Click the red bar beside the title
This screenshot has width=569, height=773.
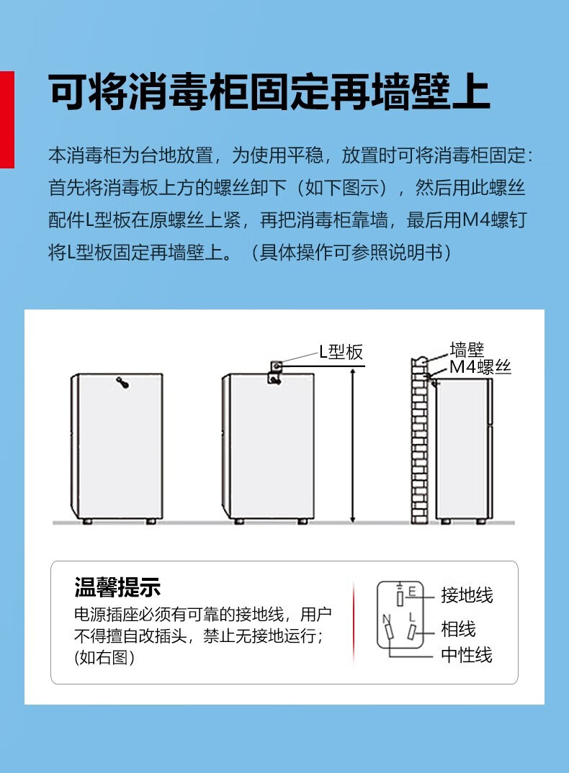(x=7, y=119)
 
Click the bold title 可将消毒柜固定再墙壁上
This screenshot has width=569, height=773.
(x=269, y=92)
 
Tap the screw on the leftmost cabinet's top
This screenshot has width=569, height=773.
(x=122, y=382)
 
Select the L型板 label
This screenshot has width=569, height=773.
(x=341, y=351)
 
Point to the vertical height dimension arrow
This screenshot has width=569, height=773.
(x=352, y=446)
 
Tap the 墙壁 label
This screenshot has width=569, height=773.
(x=467, y=349)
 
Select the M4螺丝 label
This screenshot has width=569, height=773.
(x=480, y=367)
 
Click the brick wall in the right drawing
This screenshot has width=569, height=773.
(x=419, y=440)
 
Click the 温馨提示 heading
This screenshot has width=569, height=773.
(x=117, y=587)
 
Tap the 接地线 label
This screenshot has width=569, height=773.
(x=467, y=595)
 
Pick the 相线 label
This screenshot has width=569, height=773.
(x=459, y=629)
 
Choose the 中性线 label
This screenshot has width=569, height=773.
(x=467, y=655)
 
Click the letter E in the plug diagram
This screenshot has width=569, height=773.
(x=412, y=592)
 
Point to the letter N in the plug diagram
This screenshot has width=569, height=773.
(x=386, y=619)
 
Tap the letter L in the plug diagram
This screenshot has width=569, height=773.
(x=412, y=618)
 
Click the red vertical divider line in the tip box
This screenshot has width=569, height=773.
(x=354, y=623)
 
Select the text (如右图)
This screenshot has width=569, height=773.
(x=104, y=657)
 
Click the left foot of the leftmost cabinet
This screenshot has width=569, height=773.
(x=87, y=521)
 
